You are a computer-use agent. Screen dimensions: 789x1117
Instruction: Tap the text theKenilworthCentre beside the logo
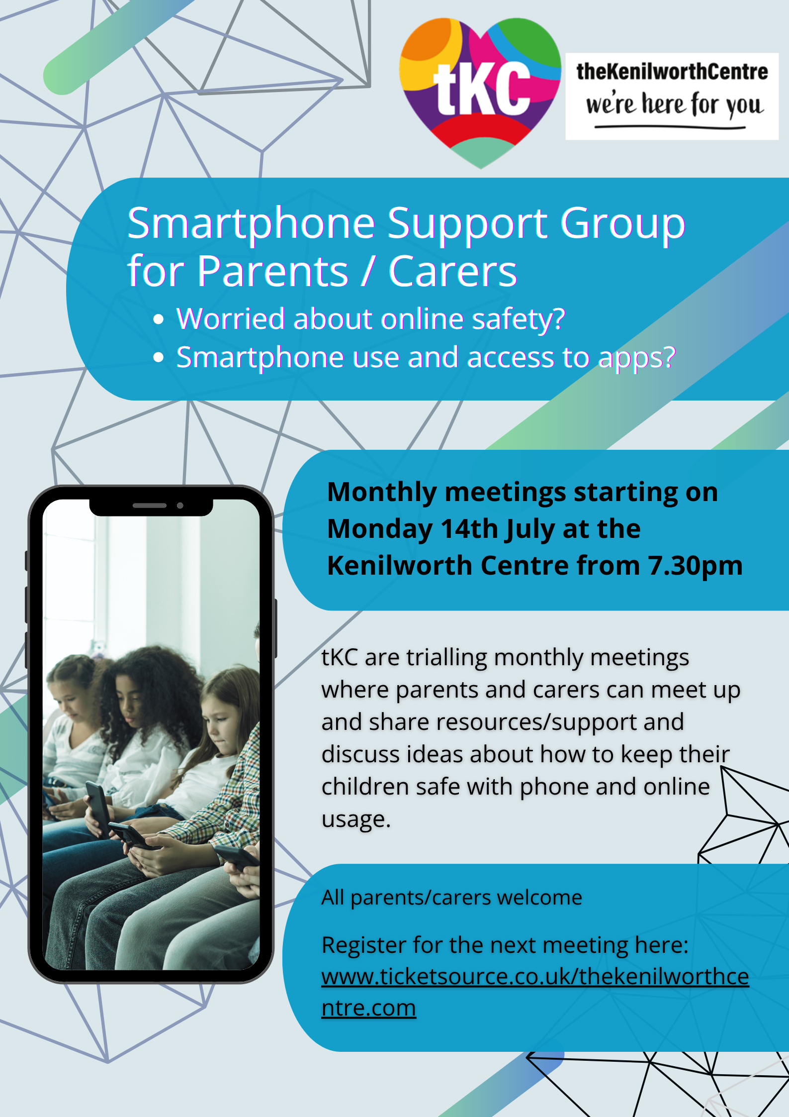(x=672, y=72)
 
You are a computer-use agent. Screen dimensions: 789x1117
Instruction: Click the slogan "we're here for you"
(x=674, y=105)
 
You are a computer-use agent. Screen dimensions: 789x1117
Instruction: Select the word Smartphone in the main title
(x=251, y=224)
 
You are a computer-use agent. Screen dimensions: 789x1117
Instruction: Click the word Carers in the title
(x=452, y=271)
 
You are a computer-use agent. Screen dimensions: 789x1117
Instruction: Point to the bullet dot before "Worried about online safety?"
(x=159, y=319)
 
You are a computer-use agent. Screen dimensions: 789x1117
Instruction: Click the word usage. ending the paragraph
(x=356, y=819)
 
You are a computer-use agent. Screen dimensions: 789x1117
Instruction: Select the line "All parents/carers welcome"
(x=451, y=898)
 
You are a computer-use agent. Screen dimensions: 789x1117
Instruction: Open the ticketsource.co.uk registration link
(x=535, y=992)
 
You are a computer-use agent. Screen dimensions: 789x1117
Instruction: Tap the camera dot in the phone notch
(x=180, y=506)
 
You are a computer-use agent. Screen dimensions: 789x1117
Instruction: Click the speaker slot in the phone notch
(x=149, y=506)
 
